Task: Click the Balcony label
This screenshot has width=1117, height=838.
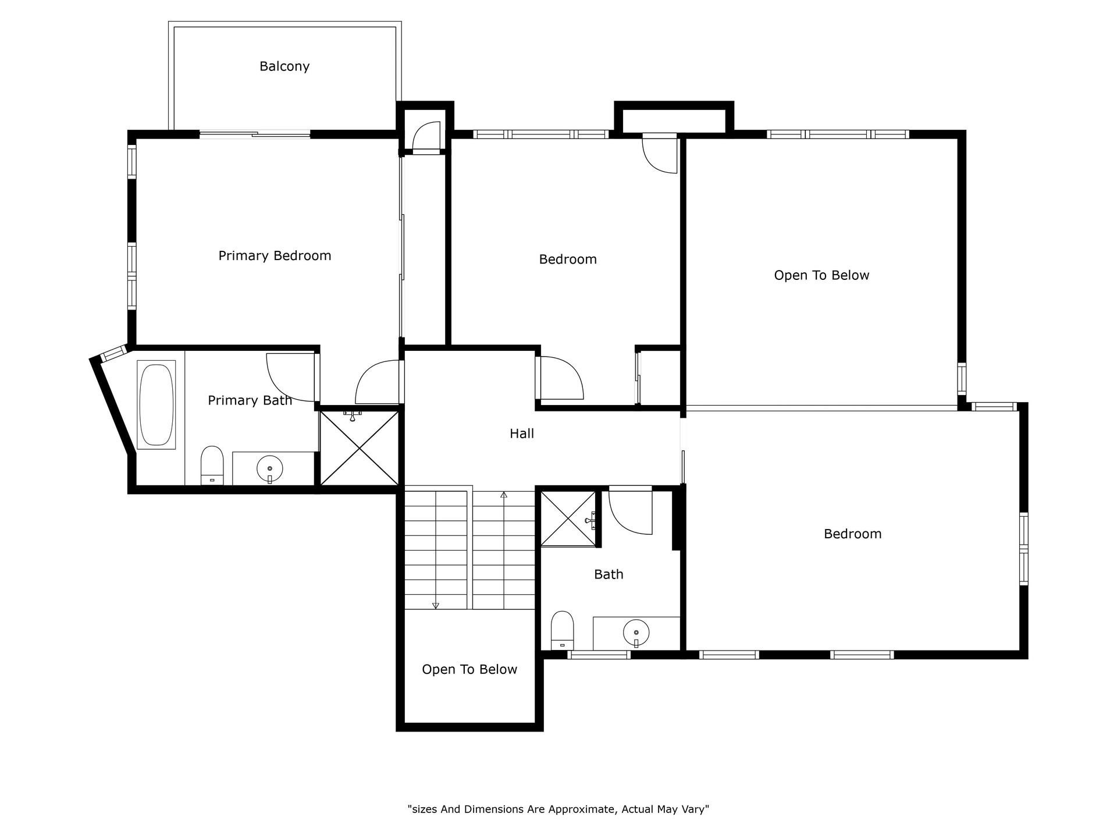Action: (x=284, y=66)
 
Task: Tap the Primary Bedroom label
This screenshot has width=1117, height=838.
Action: (x=275, y=256)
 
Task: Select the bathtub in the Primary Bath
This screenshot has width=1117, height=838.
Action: (x=156, y=405)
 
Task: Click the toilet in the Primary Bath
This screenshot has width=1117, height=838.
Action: (x=212, y=465)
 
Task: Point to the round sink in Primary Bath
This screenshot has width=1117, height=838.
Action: (x=269, y=468)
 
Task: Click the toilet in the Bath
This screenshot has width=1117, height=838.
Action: (x=562, y=630)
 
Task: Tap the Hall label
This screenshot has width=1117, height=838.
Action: (x=522, y=434)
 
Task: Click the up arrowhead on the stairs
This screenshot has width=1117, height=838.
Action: (x=504, y=495)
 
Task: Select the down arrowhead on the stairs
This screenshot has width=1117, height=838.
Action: (x=436, y=606)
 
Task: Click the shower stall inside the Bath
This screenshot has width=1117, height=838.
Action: (x=568, y=519)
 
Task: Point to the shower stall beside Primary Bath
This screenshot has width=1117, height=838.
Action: (x=360, y=448)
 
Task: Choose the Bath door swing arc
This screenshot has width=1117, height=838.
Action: (x=631, y=512)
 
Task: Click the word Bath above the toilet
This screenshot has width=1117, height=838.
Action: (x=609, y=574)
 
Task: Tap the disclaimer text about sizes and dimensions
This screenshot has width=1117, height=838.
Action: (x=558, y=809)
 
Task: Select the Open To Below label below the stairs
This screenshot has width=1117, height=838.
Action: (x=469, y=670)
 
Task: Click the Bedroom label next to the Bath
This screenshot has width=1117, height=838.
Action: (x=852, y=534)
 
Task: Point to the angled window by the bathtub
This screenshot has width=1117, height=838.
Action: (x=113, y=353)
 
